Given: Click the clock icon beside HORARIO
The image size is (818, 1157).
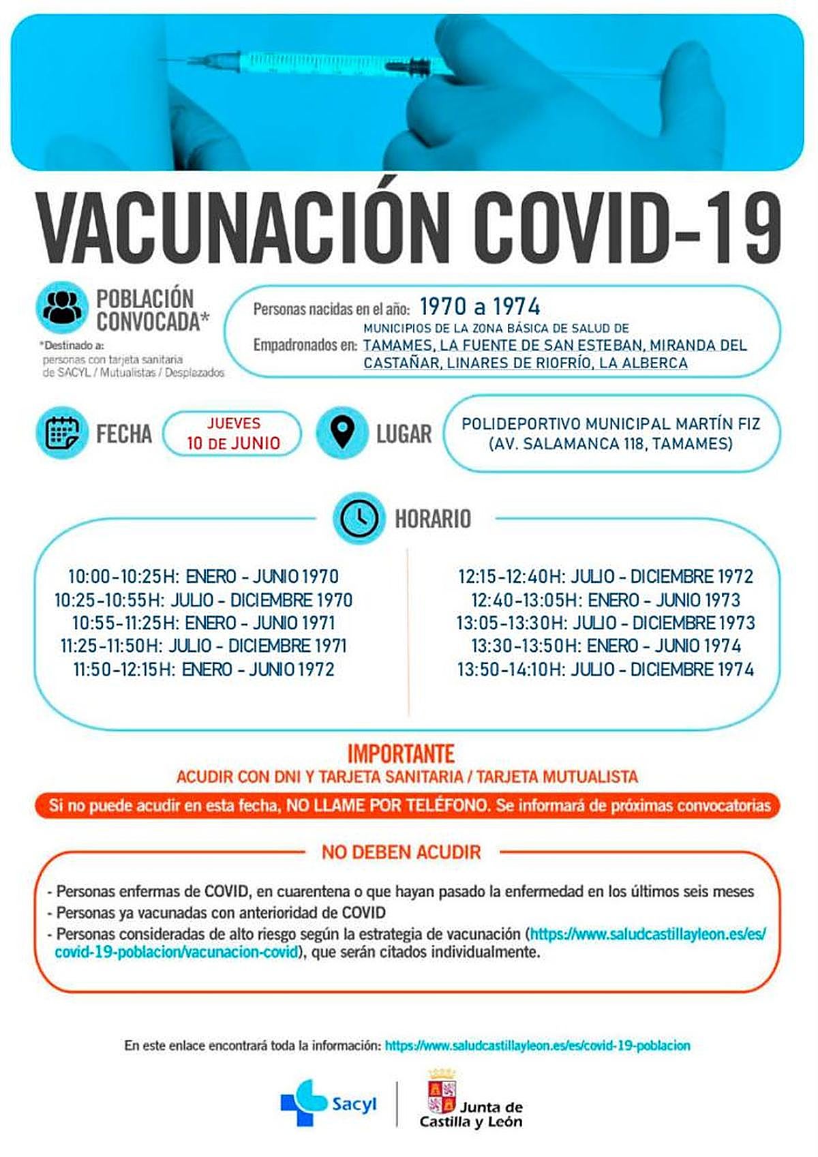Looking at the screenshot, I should click(359, 517).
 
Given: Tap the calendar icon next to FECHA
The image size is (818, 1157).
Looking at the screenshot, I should click(62, 433).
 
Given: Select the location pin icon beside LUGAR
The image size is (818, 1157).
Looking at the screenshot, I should click(342, 432).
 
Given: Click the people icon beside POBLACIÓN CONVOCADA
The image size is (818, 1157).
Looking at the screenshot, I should click(62, 307).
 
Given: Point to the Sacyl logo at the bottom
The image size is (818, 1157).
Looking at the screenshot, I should click(328, 1102).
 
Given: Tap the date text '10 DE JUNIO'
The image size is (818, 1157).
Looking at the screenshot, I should click(233, 443).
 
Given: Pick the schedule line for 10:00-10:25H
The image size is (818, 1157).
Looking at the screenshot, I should click(203, 577).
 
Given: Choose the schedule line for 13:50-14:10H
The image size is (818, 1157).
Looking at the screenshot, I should click(605, 670).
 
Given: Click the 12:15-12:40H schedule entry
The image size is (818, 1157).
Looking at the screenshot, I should click(605, 577).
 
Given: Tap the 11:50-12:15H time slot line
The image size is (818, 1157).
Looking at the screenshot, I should click(203, 670).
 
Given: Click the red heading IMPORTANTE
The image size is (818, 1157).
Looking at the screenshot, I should click(401, 753).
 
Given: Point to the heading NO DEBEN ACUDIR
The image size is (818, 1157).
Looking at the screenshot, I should click(402, 852).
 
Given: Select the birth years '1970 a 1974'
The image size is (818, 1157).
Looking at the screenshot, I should click(480, 307).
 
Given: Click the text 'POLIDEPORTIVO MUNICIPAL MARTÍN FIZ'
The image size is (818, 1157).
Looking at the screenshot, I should click(611, 424).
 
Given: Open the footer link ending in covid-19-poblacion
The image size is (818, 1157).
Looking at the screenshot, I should click(537, 1045).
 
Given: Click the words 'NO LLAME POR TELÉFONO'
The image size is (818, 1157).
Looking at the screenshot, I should click(387, 806).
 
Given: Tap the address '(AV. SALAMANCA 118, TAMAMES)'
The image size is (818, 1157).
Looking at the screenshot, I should click(611, 444).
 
